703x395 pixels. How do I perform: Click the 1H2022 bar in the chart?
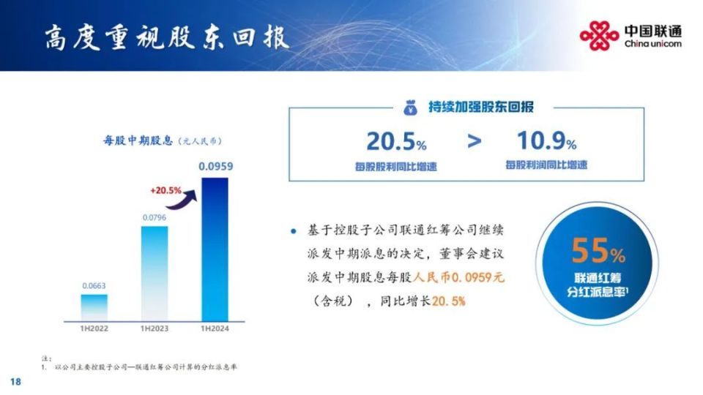pyautogui.click(x=94, y=308)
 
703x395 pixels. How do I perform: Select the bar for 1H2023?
pyautogui.click(x=155, y=274)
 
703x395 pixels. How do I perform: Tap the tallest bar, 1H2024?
pyautogui.click(x=215, y=249)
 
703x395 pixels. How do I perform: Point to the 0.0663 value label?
pyautogui.click(x=94, y=286)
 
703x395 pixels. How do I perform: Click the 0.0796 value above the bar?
pyautogui.click(x=155, y=218)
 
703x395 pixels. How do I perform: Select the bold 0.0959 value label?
pyautogui.click(x=215, y=166)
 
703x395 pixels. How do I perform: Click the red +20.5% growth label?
pyautogui.click(x=166, y=190)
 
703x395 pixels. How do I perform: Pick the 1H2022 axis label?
pyautogui.click(x=94, y=328)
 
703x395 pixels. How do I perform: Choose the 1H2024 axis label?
pyautogui.click(x=215, y=328)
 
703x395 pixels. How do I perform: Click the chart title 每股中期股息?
pyautogui.click(x=138, y=140)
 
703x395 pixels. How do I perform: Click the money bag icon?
pyautogui.click(x=410, y=108)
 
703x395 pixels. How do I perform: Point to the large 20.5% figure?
pyautogui.click(x=396, y=141)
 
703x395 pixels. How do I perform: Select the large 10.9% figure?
pyautogui.click(x=546, y=140)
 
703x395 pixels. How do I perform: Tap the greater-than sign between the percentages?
pyautogui.click(x=475, y=141)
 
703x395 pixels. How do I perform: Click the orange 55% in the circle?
pyautogui.click(x=598, y=251)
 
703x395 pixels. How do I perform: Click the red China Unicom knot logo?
pyautogui.click(x=599, y=36)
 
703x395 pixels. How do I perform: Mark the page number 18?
pyautogui.click(x=15, y=382)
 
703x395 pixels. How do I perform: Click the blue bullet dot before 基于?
pyautogui.click(x=294, y=231)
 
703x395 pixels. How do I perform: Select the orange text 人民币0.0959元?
pyautogui.click(x=458, y=278)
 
